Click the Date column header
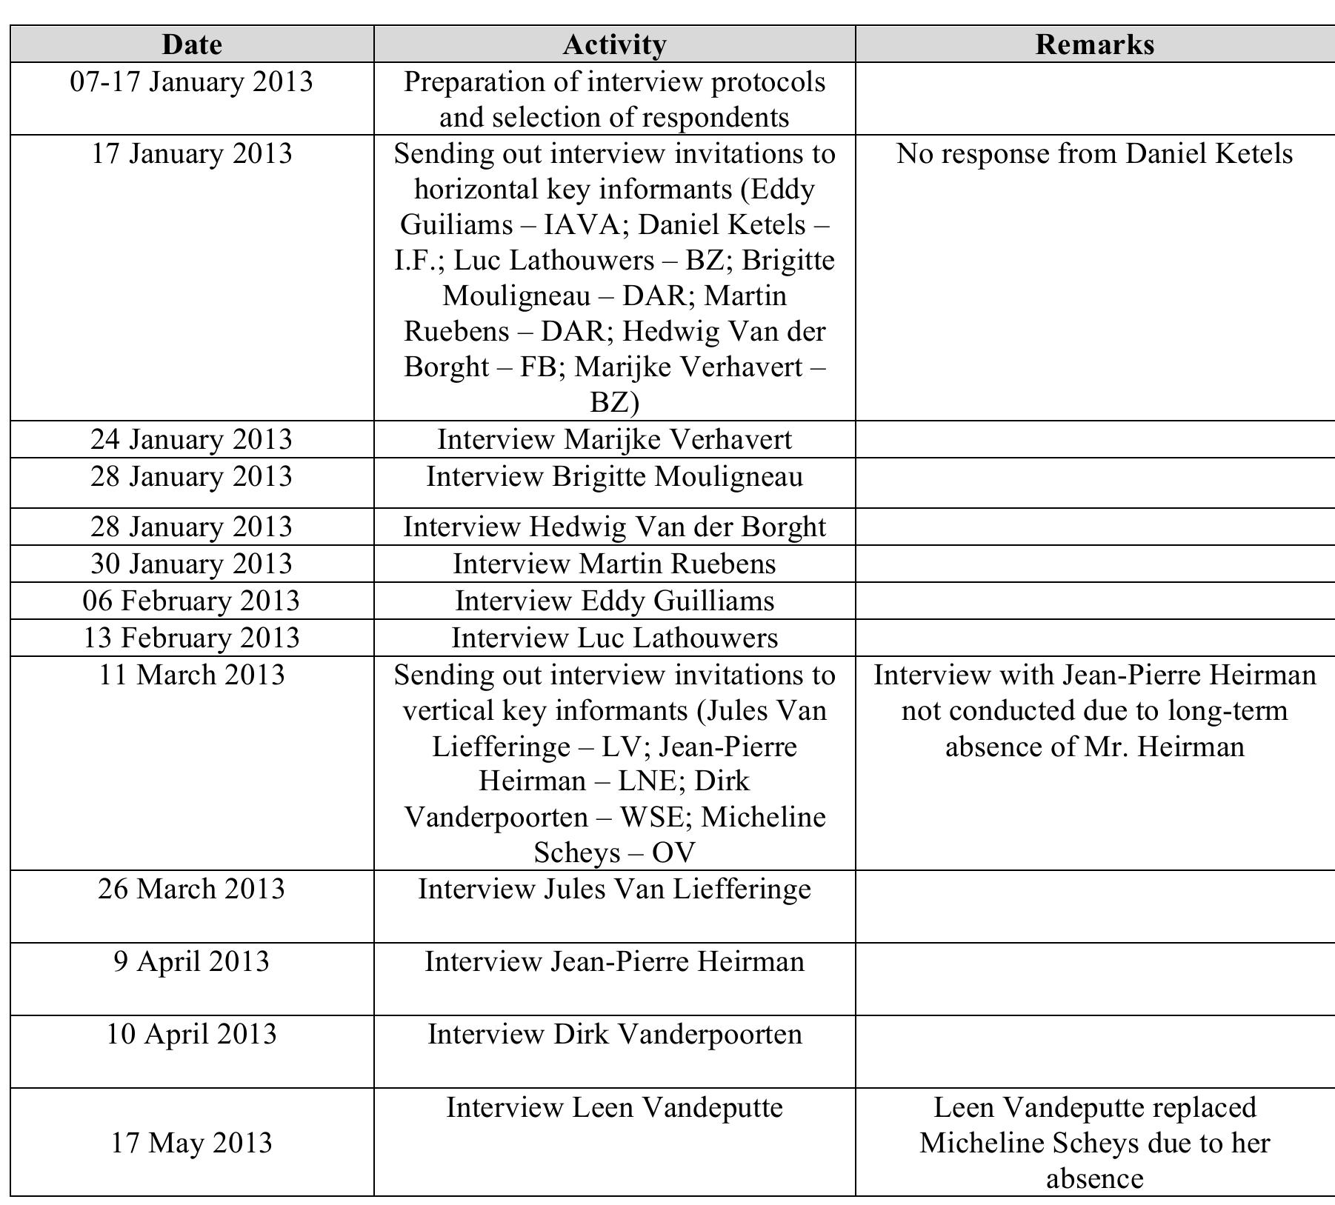[192, 44]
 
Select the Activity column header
[614, 44]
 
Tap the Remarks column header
[1094, 44]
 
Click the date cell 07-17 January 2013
[192, 81]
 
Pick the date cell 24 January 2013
[192, 439]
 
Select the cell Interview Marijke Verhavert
[614, 439]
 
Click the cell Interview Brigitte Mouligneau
[614, 476]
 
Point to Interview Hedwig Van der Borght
[614, 527]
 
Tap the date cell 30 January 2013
[192, 564]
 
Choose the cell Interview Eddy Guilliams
[614, 601]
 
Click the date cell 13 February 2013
[192, 638]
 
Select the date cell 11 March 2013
[192, 675]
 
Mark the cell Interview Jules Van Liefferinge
[614, 889]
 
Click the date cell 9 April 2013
[192, 961]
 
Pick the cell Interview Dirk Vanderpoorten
[614, 1034]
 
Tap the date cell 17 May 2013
[192, 1143]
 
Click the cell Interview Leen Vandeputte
[614, 1107]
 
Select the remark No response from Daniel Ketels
[1094, 154]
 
